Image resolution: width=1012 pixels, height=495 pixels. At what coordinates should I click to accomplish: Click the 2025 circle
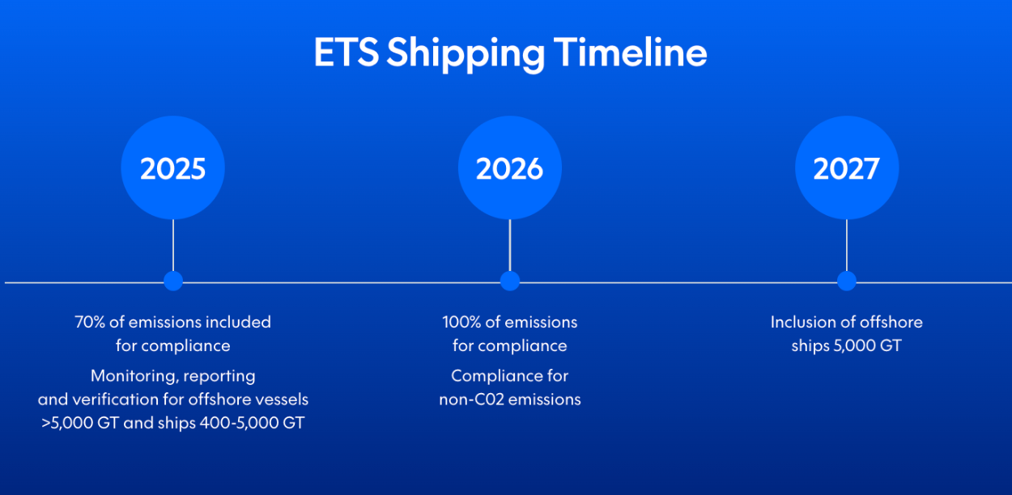click(x=172, y=168)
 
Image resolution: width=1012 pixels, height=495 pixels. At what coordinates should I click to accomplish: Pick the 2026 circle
click(x=509, y=168)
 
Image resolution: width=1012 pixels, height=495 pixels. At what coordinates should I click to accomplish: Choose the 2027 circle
click(x=846, y=168)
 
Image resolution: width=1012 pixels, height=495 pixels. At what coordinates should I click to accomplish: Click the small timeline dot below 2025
click(x=172, y=281)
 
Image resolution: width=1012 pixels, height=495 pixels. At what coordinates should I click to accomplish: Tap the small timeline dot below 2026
click(x=509, y=281)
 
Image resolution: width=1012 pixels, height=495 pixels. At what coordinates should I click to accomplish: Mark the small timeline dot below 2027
click(x=846, y=281)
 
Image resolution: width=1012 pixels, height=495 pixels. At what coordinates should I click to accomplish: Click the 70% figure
click(x=89, y=322)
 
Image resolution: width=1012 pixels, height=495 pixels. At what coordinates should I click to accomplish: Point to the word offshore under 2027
click(x=891, y=322)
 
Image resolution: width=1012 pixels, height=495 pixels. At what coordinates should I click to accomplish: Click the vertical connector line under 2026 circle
click(x=509, y=244)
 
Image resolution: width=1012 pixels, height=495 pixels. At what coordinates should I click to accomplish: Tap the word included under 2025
click(x=238, y=322)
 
